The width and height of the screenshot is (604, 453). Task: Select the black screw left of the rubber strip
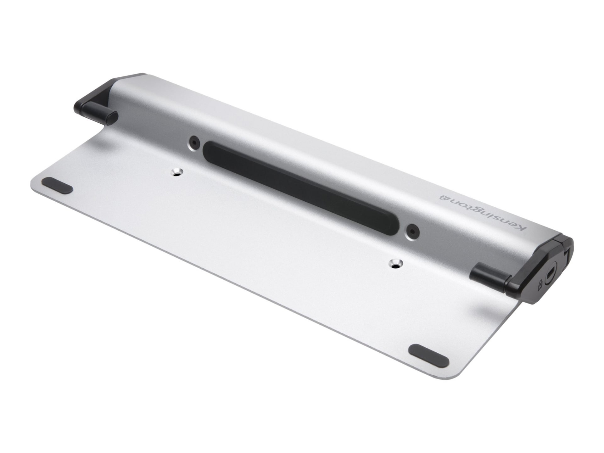coord(194,142)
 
